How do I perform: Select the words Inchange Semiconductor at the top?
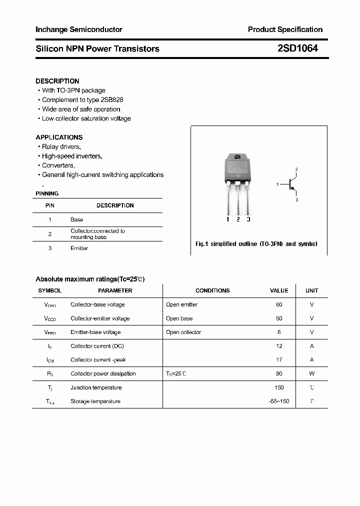pos(79,29)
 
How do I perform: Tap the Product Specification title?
pos(285,29)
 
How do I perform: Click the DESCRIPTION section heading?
pos(57,81)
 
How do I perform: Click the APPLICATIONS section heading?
pos(59,137)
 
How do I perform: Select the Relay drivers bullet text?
pos(61,147)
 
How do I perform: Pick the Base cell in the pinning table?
pos(77,220)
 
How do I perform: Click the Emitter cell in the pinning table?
pos(79,248)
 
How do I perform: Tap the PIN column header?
pos(50,205)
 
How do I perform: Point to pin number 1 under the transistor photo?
pos(228,219)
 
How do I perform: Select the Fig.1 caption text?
pos(256,244)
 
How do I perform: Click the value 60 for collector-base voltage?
pos(279,304)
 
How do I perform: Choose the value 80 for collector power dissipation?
pos(279,373)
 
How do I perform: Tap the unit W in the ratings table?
pos(311,373)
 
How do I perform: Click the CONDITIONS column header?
pos(212,290)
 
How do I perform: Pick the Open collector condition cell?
pos(183,332)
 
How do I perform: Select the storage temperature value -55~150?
pos(278,401)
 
